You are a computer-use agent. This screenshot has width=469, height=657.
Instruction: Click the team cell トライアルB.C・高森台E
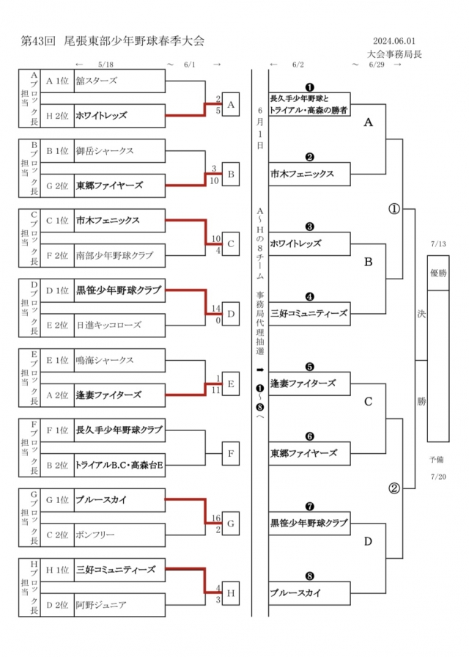click(x=119, y=465)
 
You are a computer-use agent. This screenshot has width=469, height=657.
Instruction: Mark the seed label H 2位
click(x=57, y=115)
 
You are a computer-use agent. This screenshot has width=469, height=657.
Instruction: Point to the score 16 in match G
click(x=216, y=518)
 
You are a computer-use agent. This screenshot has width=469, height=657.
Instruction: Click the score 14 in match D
click(x=216, y=309)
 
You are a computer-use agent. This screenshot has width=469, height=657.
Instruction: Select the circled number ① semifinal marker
click(x=394, y=208)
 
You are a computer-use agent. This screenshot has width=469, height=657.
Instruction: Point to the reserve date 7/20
click(x=439, y=476)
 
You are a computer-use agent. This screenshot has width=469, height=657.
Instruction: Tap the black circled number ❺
click(x=309, y=366)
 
